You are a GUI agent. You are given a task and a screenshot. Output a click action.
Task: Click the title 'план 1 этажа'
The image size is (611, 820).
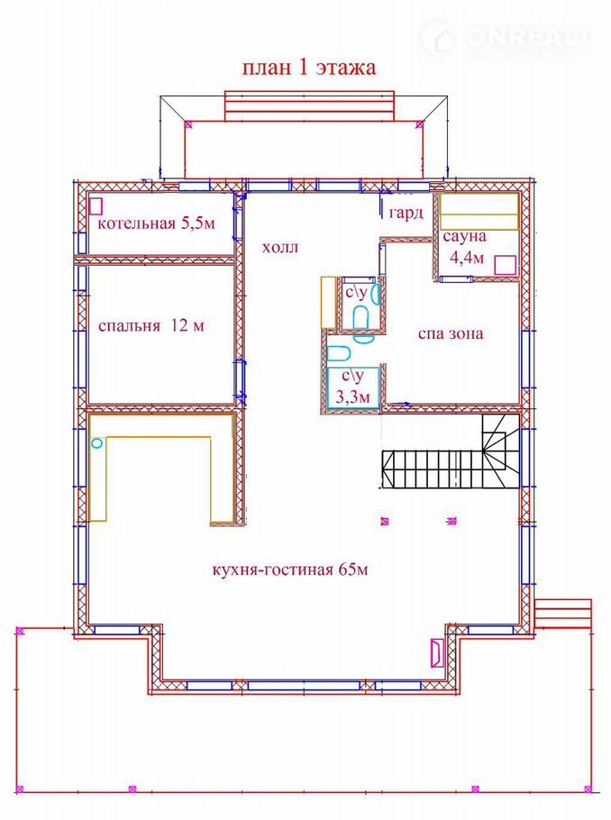click(x=308, y=68)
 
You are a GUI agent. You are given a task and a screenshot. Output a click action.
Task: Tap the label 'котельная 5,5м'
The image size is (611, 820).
click(x=157, y=223)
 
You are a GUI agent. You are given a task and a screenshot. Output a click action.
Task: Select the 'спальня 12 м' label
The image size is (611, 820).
click(x=151, y=326)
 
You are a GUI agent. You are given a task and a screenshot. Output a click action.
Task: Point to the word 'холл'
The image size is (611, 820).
click(x=280, y=247)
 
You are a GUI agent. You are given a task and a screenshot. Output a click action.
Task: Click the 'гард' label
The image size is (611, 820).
click(x=406, y=213)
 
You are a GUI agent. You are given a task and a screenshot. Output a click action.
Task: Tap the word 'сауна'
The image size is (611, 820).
click(x=464, y=236)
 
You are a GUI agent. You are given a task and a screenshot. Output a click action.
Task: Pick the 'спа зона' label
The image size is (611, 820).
click(x=451, y=333)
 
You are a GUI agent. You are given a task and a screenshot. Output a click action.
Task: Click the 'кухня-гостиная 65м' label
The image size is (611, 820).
click(x=290, y=569)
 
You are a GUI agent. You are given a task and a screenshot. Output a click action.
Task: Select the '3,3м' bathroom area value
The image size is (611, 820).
click(x=352, y=397)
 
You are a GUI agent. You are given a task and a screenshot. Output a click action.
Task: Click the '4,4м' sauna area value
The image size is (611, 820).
click(x=467, y=258)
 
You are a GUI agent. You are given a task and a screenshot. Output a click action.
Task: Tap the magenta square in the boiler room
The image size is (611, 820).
click(x=96, y=205)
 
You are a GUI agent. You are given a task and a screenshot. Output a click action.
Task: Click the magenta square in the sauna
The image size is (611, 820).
click(x=506, y=265)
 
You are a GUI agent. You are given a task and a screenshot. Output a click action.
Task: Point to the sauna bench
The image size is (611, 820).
click(x=479, y=211)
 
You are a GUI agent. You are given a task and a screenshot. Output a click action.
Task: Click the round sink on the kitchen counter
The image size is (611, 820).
click(x=96, y=443)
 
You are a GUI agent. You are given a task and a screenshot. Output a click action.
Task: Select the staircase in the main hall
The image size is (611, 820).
click(x=451, y=451)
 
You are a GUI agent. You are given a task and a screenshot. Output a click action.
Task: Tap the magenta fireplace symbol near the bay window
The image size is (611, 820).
click(x=437, y=652)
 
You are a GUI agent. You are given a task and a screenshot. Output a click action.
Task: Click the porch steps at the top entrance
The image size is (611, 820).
click(x=309, y=106)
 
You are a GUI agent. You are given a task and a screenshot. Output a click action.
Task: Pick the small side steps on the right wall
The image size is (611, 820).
click(x=563, y=615)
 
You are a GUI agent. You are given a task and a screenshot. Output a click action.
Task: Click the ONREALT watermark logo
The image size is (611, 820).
click(x=506, y=39)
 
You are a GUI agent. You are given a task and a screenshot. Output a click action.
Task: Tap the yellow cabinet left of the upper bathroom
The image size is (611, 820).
click(x=328, y=304)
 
